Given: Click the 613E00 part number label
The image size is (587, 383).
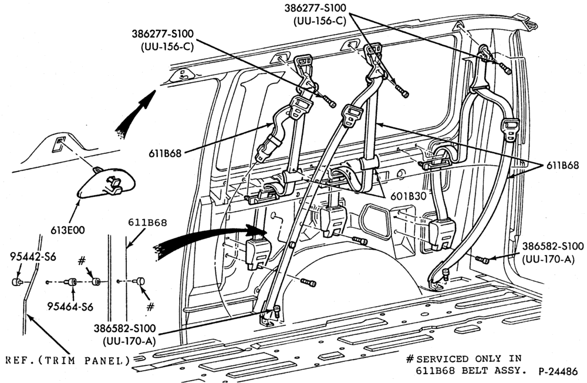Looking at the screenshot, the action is [x=68, y=230].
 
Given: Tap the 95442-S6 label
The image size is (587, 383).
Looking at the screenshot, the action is [x=33, y=256].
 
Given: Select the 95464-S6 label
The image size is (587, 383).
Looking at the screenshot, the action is [x=70, y=306].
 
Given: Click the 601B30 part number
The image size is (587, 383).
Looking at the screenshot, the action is [x=409, y=196].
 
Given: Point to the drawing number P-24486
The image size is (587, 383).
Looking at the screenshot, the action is [x=558, y=372].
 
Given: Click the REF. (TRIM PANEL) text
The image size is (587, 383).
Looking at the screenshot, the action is [x=68, y=361].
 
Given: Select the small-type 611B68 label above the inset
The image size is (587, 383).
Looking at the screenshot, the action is [x=147, y=222].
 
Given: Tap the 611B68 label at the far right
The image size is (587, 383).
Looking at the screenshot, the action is [x=562, y=165].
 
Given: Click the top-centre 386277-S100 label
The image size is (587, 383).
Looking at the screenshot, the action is [x=315, y=8].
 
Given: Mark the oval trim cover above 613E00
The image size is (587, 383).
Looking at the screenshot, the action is [x=106, y=183].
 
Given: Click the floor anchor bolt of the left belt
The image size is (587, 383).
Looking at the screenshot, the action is [x=276, y=311].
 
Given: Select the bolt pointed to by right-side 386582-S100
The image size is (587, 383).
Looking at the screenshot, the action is [x=482, y=259].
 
